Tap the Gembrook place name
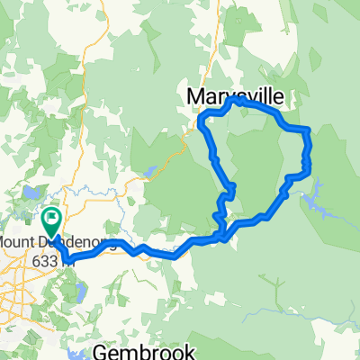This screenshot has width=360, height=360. [x=137, y=350]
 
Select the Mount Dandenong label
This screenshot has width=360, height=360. [x=54, y=244]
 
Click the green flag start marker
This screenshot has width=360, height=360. [x=51, y=219]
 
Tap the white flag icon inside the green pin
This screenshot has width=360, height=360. [x=51, y=217]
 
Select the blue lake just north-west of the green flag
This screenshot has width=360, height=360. [x=32, y=192]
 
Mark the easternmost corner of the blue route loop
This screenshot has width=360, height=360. [x=309, y=144]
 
